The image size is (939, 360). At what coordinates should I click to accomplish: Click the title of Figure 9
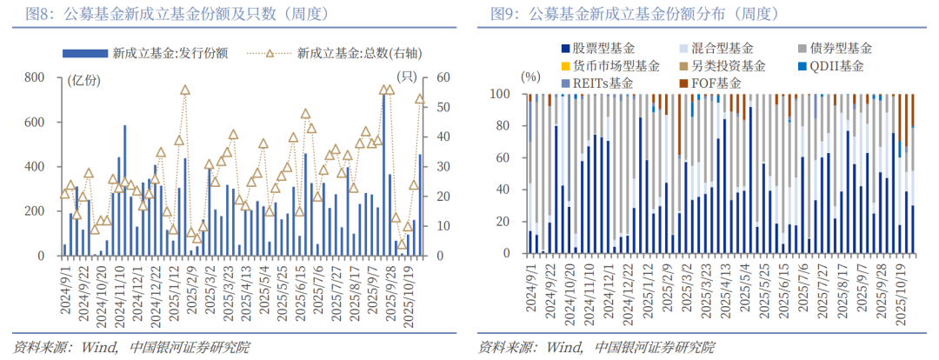pos(634,14)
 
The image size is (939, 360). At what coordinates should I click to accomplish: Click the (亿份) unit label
pos(83,79)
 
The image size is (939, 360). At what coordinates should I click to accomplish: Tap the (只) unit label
pos(406,77)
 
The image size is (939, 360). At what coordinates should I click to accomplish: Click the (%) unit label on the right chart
pos(530,77)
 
